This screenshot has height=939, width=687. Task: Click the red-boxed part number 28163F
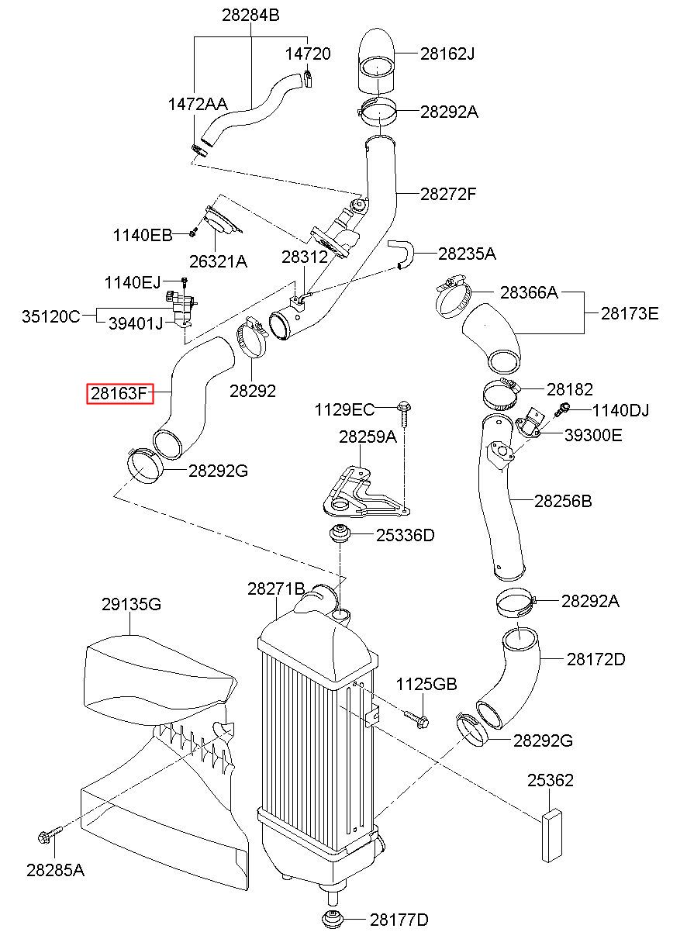pyautogui.click(x=120, y=394)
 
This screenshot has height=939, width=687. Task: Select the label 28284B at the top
pyautogui.click(x=250, y=16)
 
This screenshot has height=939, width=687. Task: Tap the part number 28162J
pyautogui.click(x=447, y=54)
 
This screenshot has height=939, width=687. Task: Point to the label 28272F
pyautogui.click(x=448, y=194)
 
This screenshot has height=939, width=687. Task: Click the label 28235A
pyautogui.click(x=467, y=254)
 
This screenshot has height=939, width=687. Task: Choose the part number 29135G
pyautogui.click(x=131, y=604)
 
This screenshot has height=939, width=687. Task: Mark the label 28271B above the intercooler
pyautogui.click(x=276, y=589)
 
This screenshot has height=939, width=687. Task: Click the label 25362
pyautogui.click(x=550, y=780)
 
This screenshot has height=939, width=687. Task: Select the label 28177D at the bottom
pyautogui.click(x=399, y=920)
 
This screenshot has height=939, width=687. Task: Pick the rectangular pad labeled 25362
pyautogui.click(x=552, y=835)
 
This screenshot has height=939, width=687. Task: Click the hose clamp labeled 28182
pyautogui.click(x=502, y=393)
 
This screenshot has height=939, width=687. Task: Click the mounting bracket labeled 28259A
pyautogui.click(x=364, y=493)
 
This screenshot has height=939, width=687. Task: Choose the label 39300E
pyautogui.click(x=593, y=435)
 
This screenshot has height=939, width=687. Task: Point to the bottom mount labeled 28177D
pyautogui.click(x=333, y=920)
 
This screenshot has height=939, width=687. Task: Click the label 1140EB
pyautogui.click(x=143, y=235)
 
